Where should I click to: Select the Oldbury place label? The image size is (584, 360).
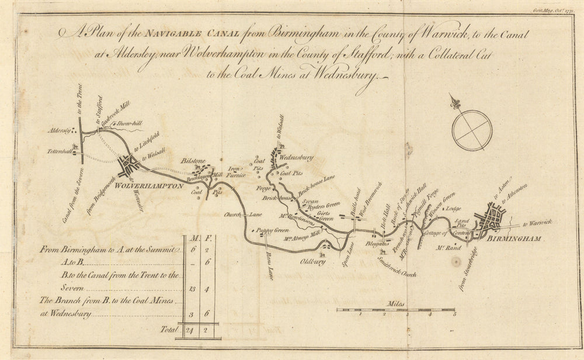(313, 261)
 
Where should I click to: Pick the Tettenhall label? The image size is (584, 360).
(58, 151)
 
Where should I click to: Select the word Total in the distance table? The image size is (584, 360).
(169, 330)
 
